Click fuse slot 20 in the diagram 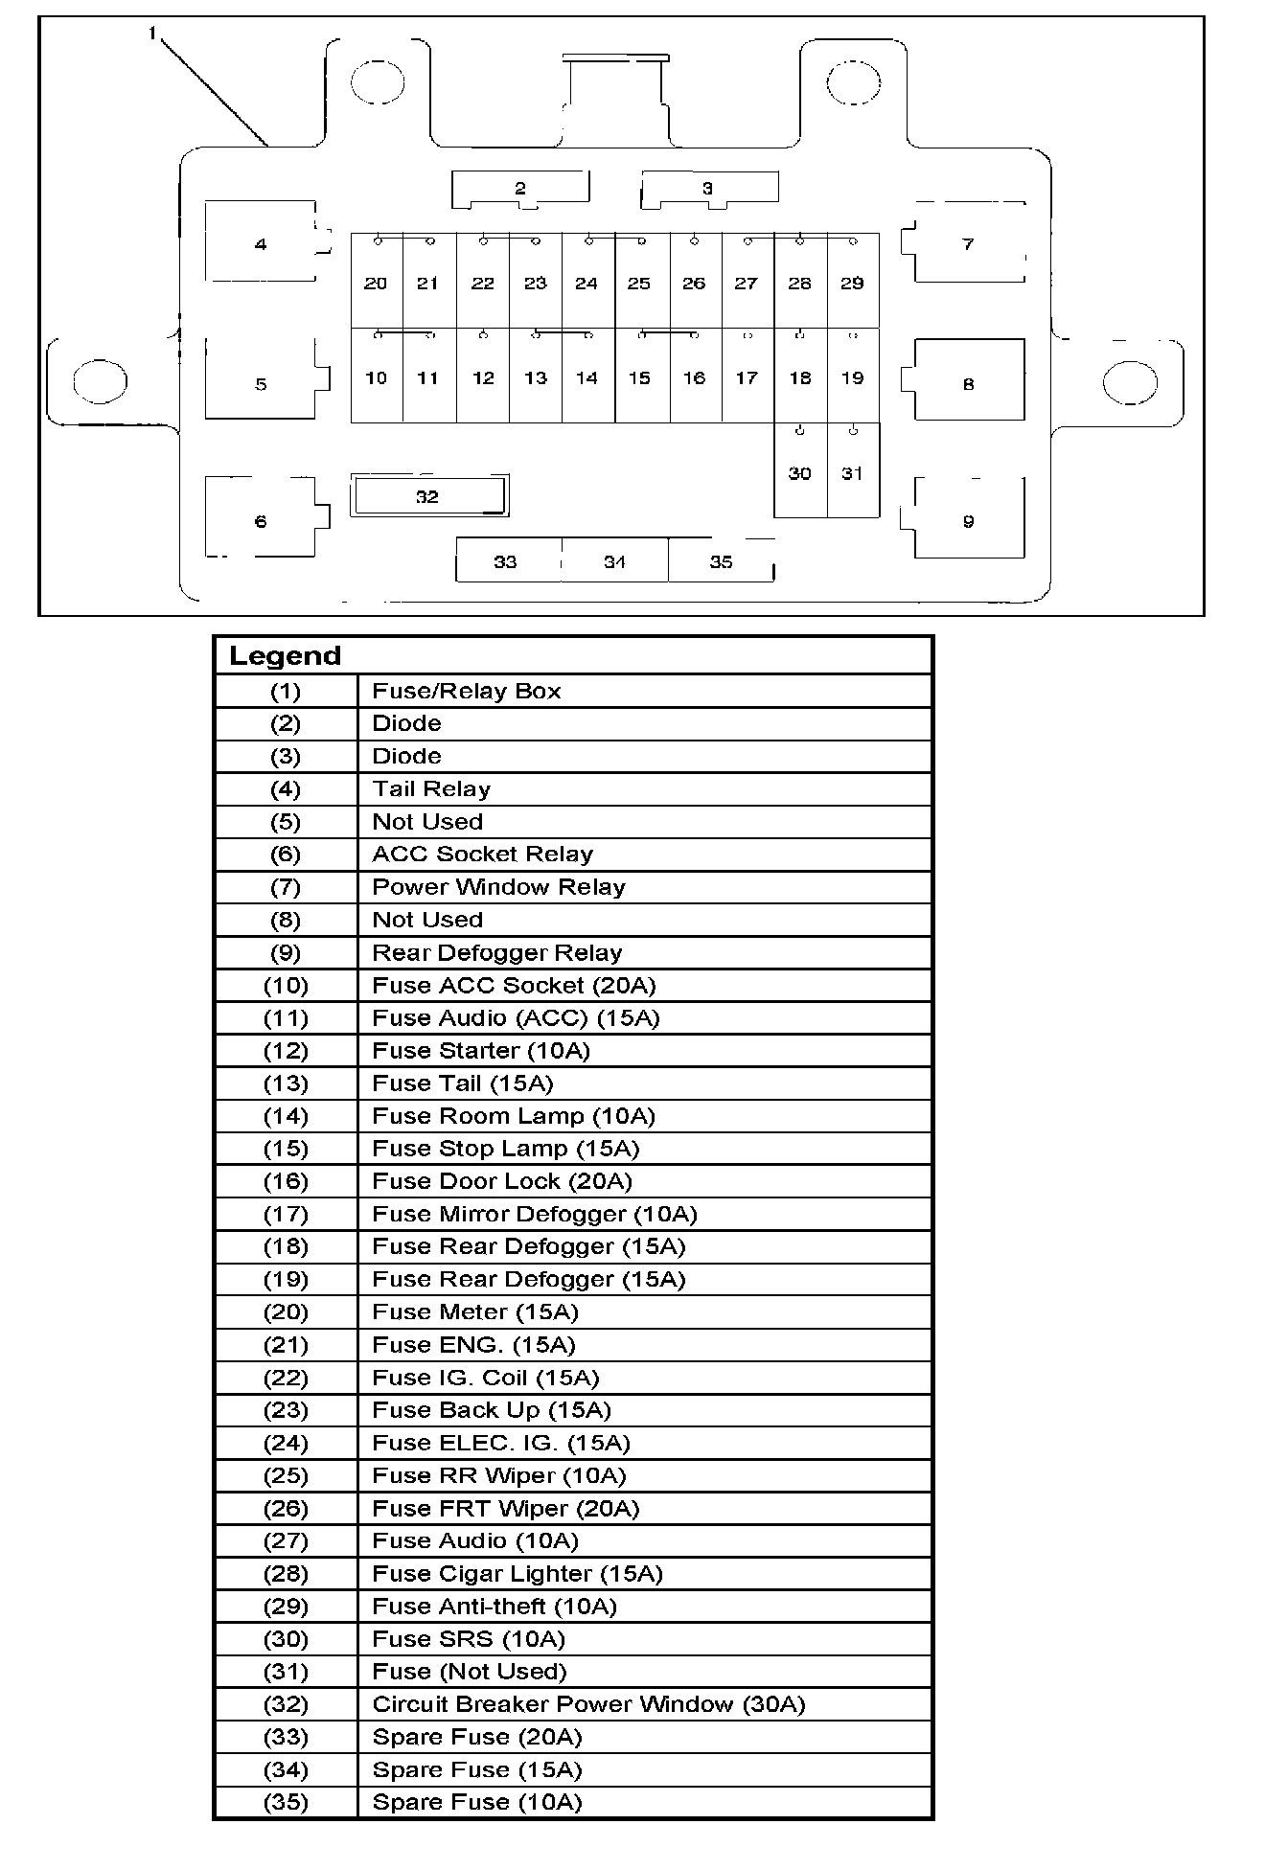coord(376,283)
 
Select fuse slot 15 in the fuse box coord(639,377)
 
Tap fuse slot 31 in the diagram coord(852,472)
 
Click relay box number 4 coord(261,243)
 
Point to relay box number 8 coord(968,383)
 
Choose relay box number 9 coord(968,521)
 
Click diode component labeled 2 coord(520,188)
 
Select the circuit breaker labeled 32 coord(427,496)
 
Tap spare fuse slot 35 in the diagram coord(721,561)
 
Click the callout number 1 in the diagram coord(152,34)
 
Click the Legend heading coord(285,656)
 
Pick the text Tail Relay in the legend coord(431,789)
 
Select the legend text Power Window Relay coord(498,887)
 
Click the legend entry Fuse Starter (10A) coord(481,1051)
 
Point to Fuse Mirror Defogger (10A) coord(535,1215)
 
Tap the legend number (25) coord(286,1476)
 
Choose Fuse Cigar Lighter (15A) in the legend coord(517,1574)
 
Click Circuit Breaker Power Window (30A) coord(588,1705)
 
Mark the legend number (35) coord(286,1803)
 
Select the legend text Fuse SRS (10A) coord(469,1639)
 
